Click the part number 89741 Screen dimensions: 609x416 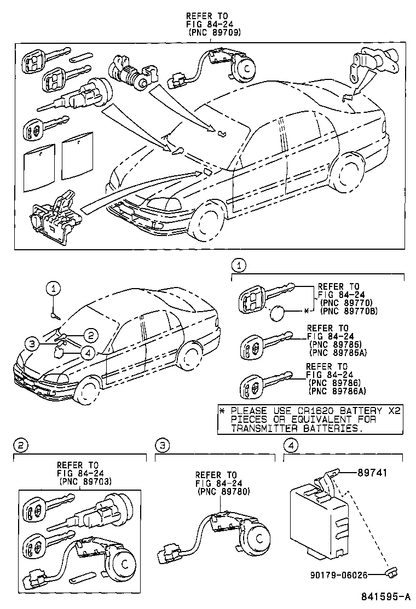pyautogui.click(x=377, y=472)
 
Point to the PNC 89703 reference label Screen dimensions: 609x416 pyautogui.click(x=85, y=481)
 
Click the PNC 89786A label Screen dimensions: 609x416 pyautogui.click(x=336, y=390)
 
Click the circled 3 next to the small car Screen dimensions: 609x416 pyautogui.click(x=32, y=344)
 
